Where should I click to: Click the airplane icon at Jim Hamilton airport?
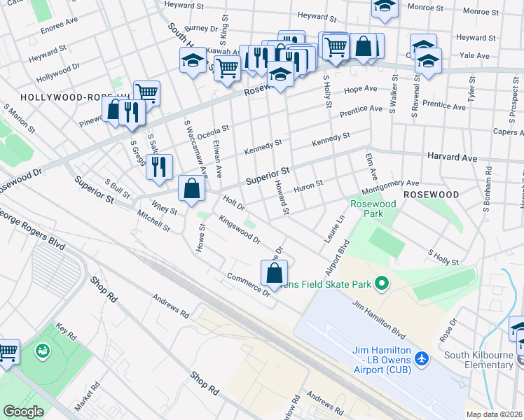[421, 358]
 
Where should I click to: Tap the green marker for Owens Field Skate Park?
[381, 283]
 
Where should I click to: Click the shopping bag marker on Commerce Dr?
[274, 273]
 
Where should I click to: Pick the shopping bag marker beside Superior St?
[191, 188]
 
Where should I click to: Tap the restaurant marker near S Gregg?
[159, 167]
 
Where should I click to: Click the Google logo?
[23, 412]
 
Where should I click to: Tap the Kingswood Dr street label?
[240, 230]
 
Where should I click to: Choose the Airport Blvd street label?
[337, 258]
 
